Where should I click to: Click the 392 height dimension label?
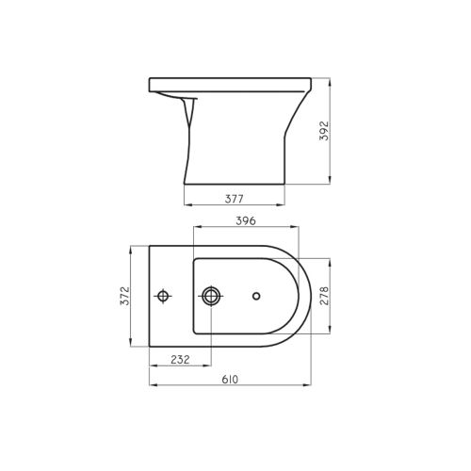[x=324, y=131]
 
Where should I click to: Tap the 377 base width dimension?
[x=235, y=199]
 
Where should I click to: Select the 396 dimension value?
[x=246, y=221]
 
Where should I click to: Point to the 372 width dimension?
[x=124, y=296]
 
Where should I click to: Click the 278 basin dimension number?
[x=324, y=296]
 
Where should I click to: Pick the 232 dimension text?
[x=180, y=360]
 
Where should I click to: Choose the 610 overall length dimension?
[x=230, y=380]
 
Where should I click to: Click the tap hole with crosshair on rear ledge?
[x=163, y=296]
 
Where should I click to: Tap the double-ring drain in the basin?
[x=211, y=296]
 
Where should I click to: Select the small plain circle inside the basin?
[x=256, y=296]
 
